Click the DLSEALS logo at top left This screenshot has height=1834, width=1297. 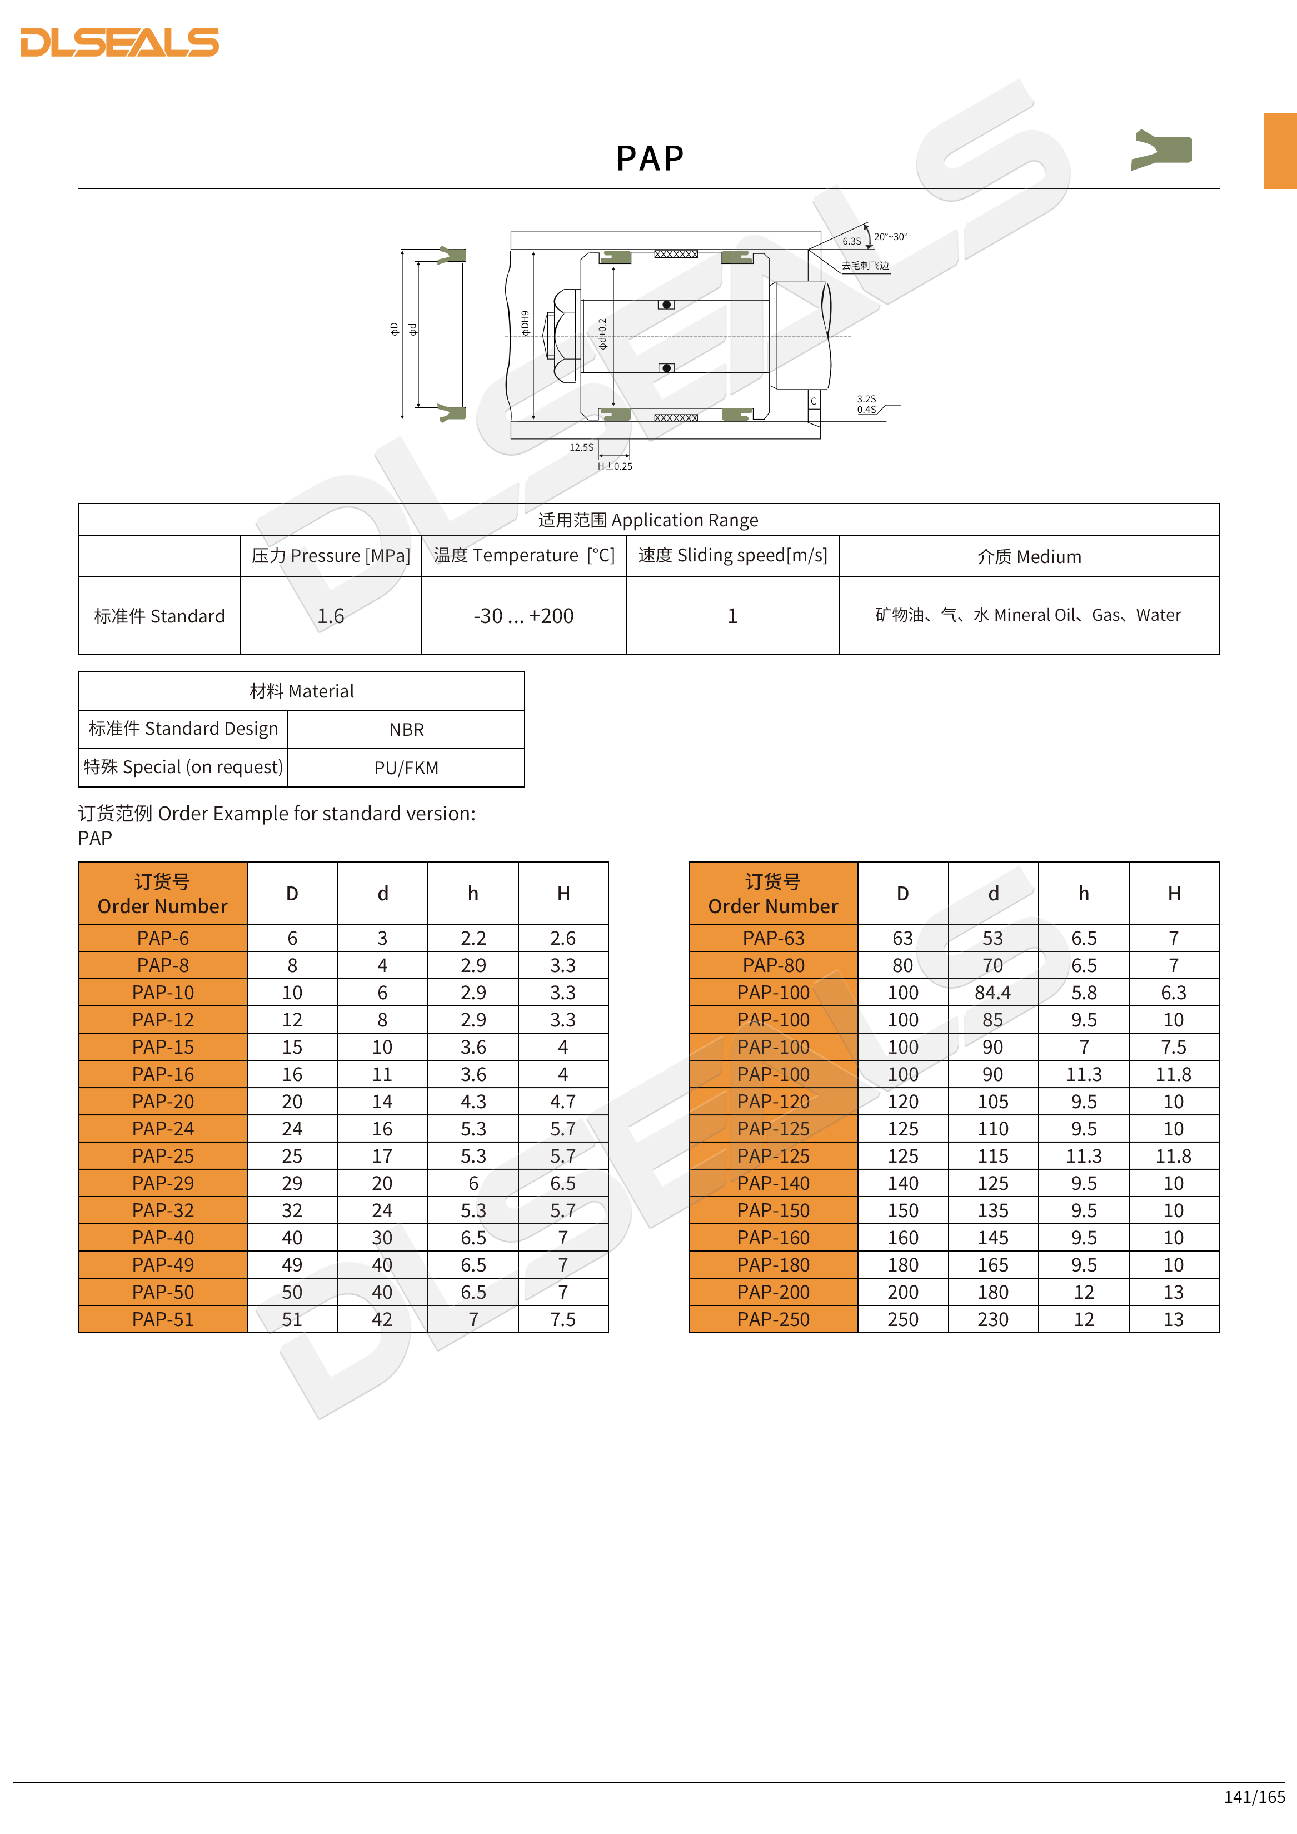pyautogui.click(x=119, y=42)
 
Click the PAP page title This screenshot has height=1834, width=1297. pyautogui.click(x=649, y=158)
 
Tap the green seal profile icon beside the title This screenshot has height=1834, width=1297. pyautogui.click(x=1162, y=149)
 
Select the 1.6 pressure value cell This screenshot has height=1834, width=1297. pyautogui.click(x=330, y=616)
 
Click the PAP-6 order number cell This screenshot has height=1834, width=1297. pyautogui.click(x=163, y=938)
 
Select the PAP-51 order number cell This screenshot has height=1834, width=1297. pyautogui.click(x=163, y=1319)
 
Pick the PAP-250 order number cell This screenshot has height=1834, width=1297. pyautogui.click(x=773, y=1319)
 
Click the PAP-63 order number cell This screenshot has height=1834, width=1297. pyautogui.click(x=773, y=938)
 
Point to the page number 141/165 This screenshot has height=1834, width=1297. pyautogui.click(x=1254, y=1796)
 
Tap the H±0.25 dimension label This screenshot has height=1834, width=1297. pyautogui.click(x=615, y=466)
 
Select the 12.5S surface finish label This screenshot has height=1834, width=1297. pyautogui.click(x=581, y=447)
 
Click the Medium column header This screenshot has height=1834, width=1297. pyautogui.click(x=1029, y=557)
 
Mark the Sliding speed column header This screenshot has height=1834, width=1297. pyautogui.click(x=732, y=555)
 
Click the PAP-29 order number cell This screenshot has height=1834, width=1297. pyautogui.click(x=163, y=1183)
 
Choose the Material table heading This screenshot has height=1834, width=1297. pyautogui.click(x=301, y=691)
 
